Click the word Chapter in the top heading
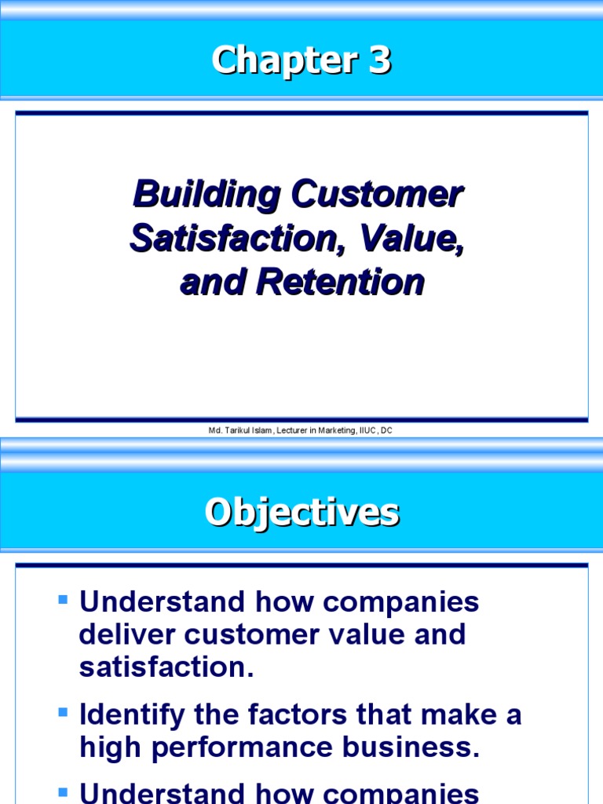pyautogui.click(x=278, y=61)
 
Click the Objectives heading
pyautogui.click(x=301, y=513)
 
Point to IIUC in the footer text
pyautogui.click(x=368, y=430)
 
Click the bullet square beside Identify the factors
pyautogui.click(x=64, y=713)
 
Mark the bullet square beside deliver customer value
pyautogui.click(x=64, y=601)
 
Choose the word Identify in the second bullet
pyautogui.click(x=132, y=715)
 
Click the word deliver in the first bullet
pyautogui.click(x=128, y=634)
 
